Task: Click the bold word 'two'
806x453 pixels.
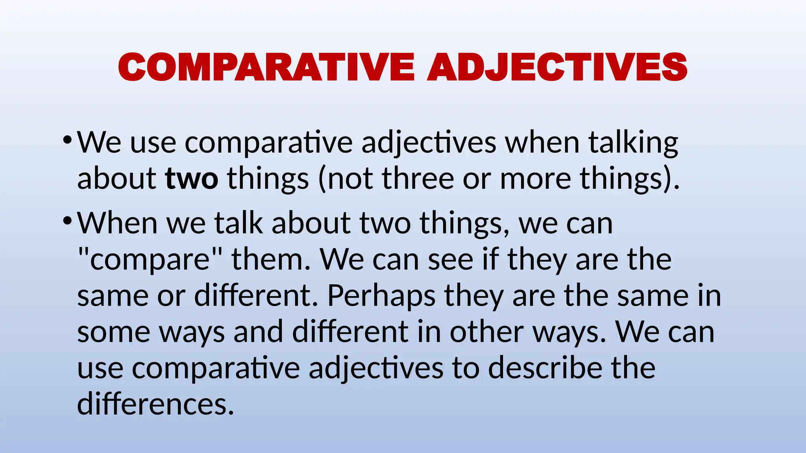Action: (x=191, y=179)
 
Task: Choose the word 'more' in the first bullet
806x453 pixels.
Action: (x=535, y=179)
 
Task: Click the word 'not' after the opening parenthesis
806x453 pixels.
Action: (x=350, y=179)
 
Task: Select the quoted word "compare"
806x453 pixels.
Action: (x=150, y=260)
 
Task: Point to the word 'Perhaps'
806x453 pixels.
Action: (x=381, y=296)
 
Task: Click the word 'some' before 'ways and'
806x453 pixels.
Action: (x=114, y=332)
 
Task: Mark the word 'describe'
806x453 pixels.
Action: (x=545, y=368)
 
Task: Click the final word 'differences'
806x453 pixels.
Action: (x=155, y=404)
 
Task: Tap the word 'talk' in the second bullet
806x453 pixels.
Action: (x=238, y=223)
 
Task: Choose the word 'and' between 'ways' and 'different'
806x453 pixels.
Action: (x=258, y=332)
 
